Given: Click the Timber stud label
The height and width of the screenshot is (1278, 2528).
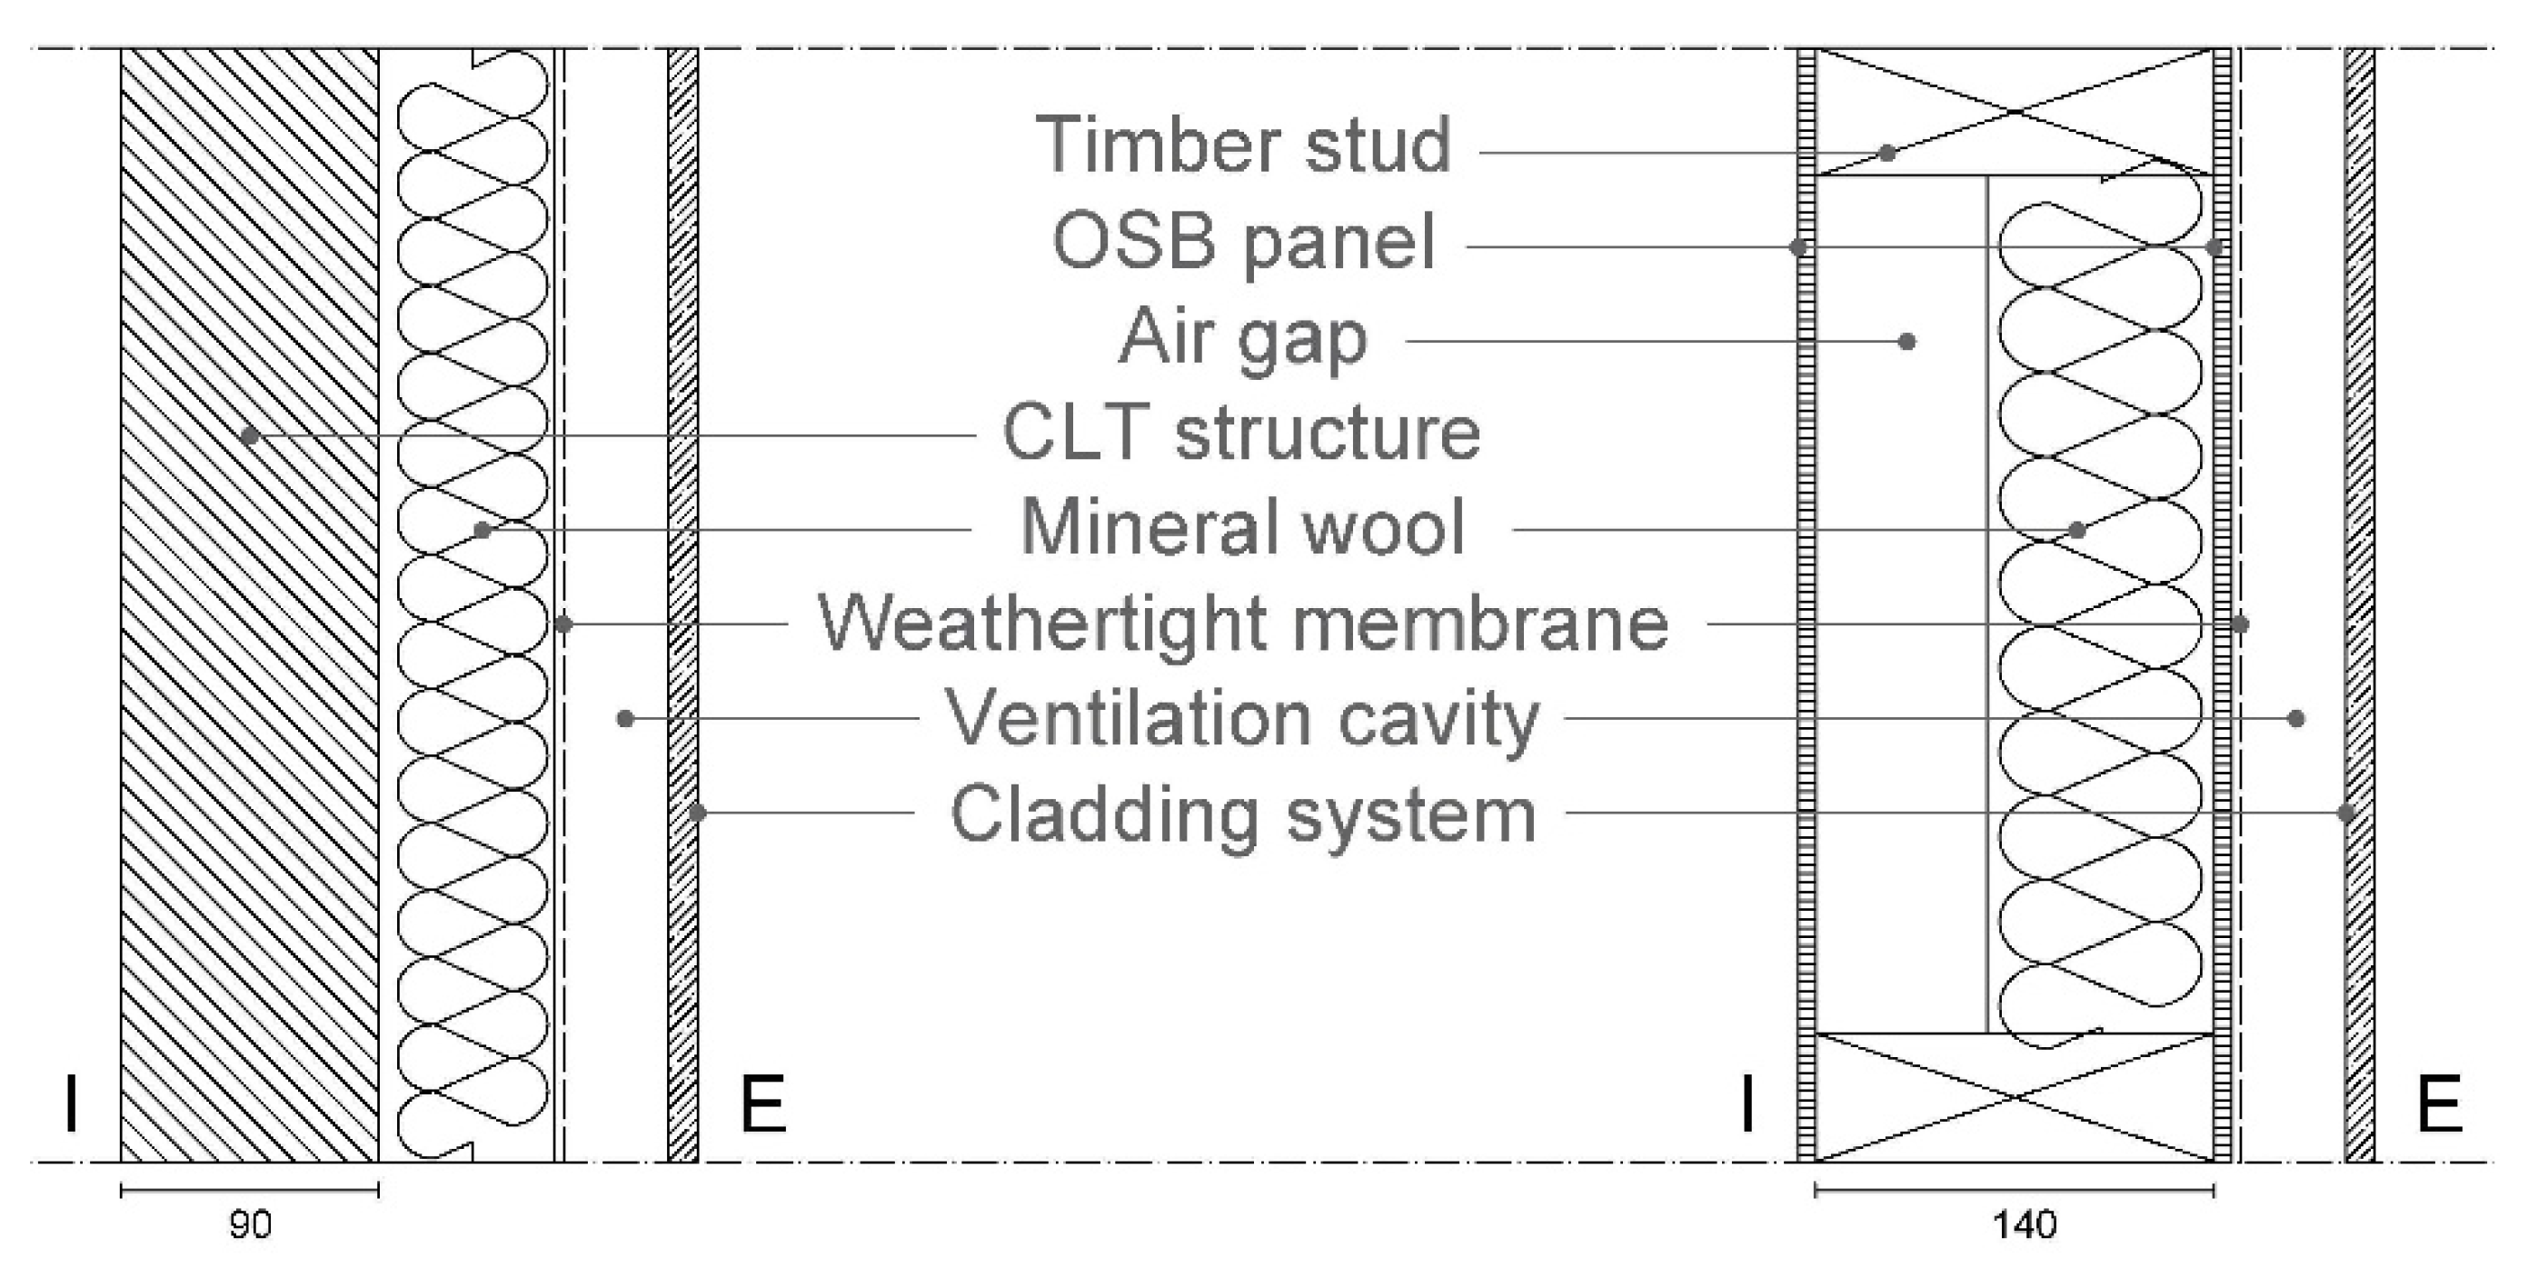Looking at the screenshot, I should click(x=1242, y=145).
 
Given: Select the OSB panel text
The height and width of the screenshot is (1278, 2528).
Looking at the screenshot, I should click(x=1242, y=242).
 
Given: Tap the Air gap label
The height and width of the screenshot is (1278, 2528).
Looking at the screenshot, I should click(x=1242, y=337).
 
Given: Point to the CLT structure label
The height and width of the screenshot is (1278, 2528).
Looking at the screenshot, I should click(x=1240, y=433).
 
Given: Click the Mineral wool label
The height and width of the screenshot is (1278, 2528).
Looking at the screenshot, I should click(x=1242, y=528).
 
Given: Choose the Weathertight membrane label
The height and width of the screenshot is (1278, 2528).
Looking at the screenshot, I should click(x=1242, y=624).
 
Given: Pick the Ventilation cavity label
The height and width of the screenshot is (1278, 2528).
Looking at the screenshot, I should click(x=1241, y=718).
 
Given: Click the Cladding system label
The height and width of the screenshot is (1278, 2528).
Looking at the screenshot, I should click(x=1242, y=814).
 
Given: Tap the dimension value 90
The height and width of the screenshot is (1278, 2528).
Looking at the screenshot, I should click(x=249, y=1224).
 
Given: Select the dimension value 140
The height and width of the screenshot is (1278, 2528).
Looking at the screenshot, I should click(x=2025, y=1224).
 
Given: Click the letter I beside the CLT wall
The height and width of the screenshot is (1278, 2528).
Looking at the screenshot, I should click(x=71, y=1104).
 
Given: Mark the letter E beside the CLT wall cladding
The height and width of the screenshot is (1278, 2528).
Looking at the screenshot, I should click(x=762, y=1104).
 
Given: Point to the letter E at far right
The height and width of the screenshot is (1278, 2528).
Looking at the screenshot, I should click(x=2438, y=1104).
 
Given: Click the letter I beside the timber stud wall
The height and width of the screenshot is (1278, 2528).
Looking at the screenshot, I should click(x=1747, y=1104).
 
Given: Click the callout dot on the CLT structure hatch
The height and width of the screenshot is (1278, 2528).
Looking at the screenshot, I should click(x=250, y=434).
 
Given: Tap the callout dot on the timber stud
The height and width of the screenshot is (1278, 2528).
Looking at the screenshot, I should click(x=1886, y=153).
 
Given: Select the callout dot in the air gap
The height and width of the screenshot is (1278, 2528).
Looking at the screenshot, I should click(x=1906, y=342).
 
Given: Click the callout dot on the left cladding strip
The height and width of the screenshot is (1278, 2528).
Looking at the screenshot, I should click(x=697, y=813).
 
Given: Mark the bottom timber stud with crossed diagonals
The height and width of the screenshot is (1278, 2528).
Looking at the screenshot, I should click(x=2014, y=1097).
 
